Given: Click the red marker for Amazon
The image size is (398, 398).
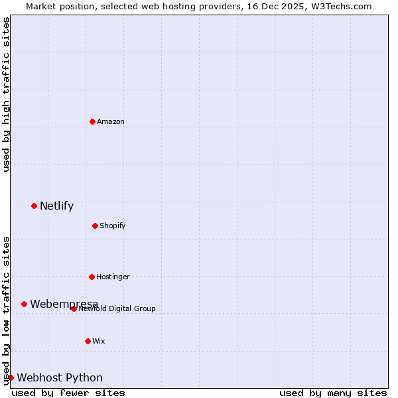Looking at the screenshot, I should coord(92,121).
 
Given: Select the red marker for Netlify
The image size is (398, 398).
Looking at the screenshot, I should coord(34,206).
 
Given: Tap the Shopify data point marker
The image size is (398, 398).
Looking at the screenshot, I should coord(95,226).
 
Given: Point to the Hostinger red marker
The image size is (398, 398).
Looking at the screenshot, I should coord(92,277).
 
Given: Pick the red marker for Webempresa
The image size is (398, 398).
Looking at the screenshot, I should coord(24,304).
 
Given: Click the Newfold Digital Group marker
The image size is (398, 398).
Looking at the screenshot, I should coord(74,308).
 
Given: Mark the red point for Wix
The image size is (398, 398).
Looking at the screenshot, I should coord(88,341).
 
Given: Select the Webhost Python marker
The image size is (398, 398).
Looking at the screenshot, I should coord(11,377).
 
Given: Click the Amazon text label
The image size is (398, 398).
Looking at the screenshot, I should coord(111,121).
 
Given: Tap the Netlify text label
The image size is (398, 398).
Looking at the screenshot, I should coord(56,206).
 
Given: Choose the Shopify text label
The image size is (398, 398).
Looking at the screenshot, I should coord(113,226).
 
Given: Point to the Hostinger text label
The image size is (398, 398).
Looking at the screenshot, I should coord(113,277).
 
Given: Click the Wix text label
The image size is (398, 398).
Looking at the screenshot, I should coord(99,341).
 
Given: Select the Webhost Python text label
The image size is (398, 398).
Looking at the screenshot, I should coord(60,377).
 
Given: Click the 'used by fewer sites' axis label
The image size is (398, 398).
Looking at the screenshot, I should coord(68,393).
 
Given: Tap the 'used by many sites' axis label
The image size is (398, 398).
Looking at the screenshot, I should coord(333,393).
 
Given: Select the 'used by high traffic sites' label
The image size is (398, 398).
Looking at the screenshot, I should coord(6,94).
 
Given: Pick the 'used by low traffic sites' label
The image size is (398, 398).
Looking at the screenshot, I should coord(6,310).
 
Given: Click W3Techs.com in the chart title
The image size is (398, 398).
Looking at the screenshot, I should coord(342,6).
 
